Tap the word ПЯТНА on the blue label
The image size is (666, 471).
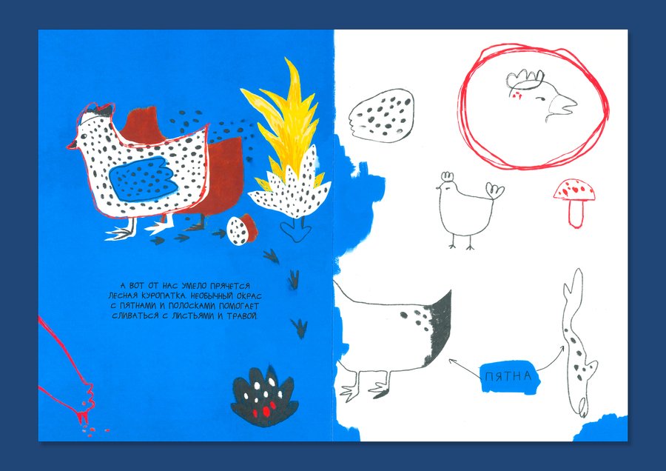pos(508,376)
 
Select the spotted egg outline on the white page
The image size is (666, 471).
pos(381,115)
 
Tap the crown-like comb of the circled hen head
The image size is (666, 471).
pos(525,80)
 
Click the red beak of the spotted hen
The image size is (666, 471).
pos(72,146)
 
